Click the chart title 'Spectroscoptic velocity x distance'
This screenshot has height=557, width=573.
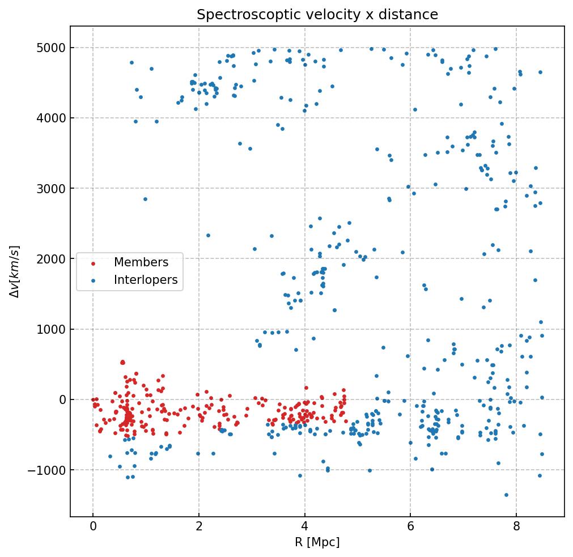[x=317, y=15]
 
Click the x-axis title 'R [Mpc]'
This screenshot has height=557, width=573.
[x=317, y=542]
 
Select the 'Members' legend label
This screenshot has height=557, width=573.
[x=141, y=262]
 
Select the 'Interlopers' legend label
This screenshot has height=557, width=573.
[x=146, y=280]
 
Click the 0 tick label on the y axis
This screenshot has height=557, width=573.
[x=62, y=399]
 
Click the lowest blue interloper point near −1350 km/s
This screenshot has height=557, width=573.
[x=506, y=495]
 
